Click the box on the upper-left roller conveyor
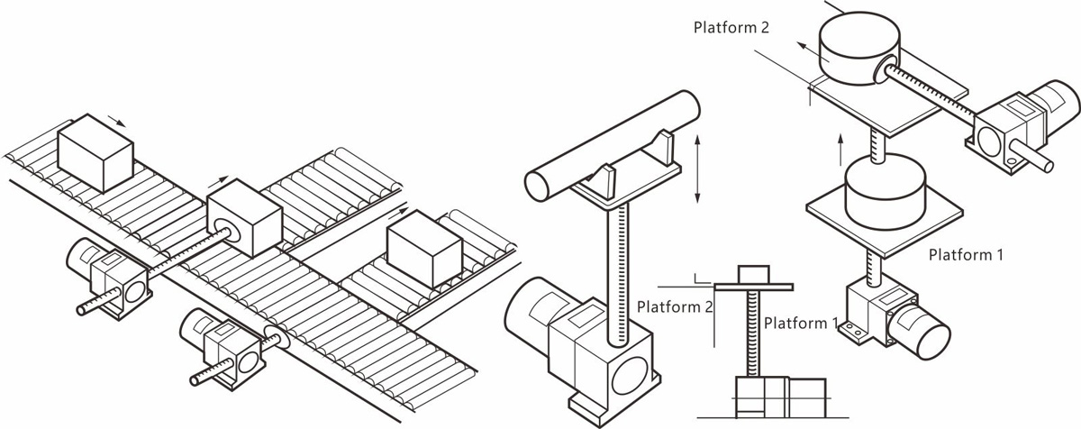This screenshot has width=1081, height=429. click(x=95, y=151)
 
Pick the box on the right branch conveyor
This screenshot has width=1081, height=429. click(x=422, y=247)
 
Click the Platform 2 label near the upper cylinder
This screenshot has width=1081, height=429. click(x=731, y=27)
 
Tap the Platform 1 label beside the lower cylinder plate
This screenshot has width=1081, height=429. click(x=966, y=255)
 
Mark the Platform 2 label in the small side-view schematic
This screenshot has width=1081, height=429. click(x=675, y=306)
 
